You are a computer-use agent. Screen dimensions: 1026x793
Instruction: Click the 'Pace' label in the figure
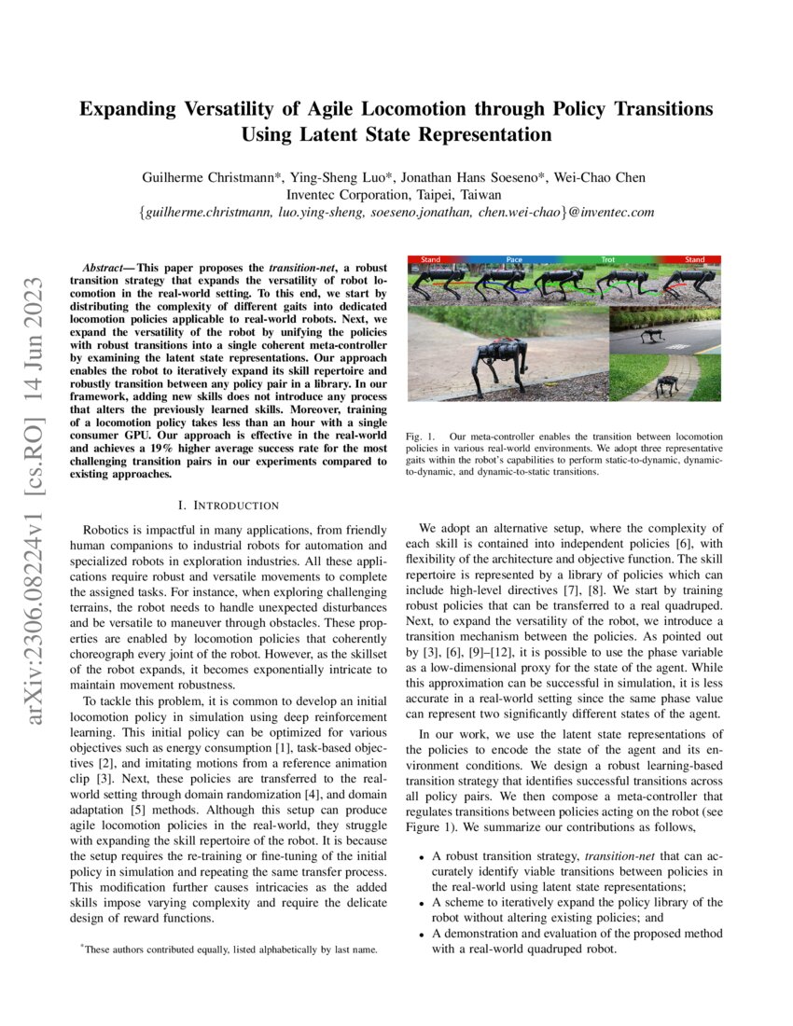pyautogui.click(x=514, y=259)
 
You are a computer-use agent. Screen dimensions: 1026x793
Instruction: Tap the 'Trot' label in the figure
pyautogui.click(x=607, y=259)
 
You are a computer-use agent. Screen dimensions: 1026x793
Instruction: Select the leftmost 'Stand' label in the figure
pyautogui.click(x=430, y=259)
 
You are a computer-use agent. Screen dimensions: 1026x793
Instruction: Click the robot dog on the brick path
pyautogui.click(x=665, y=383)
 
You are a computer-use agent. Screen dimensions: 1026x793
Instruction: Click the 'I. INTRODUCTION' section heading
pyautogui.click(x=233, y=506)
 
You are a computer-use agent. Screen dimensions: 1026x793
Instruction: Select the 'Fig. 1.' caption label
pyautogui.click(x=420, y=437)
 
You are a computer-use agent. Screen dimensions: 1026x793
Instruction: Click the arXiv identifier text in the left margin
pyautogui.click(x=35, y=448)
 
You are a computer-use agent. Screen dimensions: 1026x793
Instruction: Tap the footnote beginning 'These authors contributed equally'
pyautogui.click(x=229, y=950)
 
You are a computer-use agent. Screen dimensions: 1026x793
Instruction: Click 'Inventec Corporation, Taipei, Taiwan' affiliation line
pyautogui.click(x=396, y=195)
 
